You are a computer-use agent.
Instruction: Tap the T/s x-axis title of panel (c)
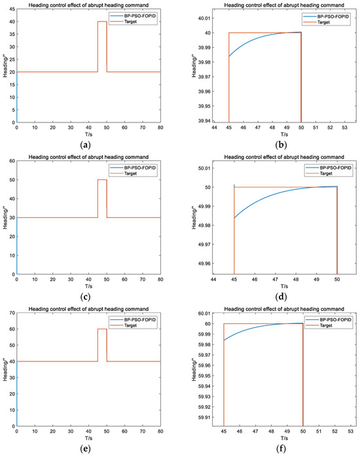point(88,286)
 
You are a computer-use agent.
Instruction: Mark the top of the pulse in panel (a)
point(102,22)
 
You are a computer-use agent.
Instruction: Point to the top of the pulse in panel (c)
point(102,179)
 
